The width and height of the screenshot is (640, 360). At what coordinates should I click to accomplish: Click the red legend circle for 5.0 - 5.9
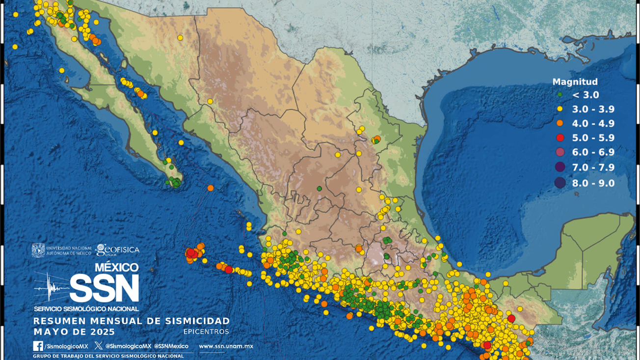pyautogui.click(x=560, y=138)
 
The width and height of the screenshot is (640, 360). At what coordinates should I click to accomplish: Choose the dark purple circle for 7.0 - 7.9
pyautogui.click(x=560, y=167)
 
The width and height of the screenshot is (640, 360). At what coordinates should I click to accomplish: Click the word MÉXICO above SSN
pyautogui.click(x=116, y=267)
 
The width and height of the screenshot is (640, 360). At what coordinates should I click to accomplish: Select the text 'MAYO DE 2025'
pyautogui.click(x=74, y=332)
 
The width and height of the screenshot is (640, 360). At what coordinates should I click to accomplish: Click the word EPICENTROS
pyautogui.click(x=206, y=332)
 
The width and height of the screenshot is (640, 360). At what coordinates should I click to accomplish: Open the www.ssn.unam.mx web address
pyautogui.click(x=226, y=346)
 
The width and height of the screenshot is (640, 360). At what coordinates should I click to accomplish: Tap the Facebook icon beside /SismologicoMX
pyautogui.click(x=38, y=346)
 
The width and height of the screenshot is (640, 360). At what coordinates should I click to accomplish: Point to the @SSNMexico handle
pyautogui.click(x=171, y=346)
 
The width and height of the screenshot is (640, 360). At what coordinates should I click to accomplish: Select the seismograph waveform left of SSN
pyautogui.click(x=51, y=287)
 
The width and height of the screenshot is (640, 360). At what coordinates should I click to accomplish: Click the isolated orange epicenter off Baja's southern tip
pyautogui.click(x=211, y=188)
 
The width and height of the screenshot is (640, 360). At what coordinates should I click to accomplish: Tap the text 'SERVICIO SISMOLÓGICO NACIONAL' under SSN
pyautogui.click(x=86, y=308)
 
